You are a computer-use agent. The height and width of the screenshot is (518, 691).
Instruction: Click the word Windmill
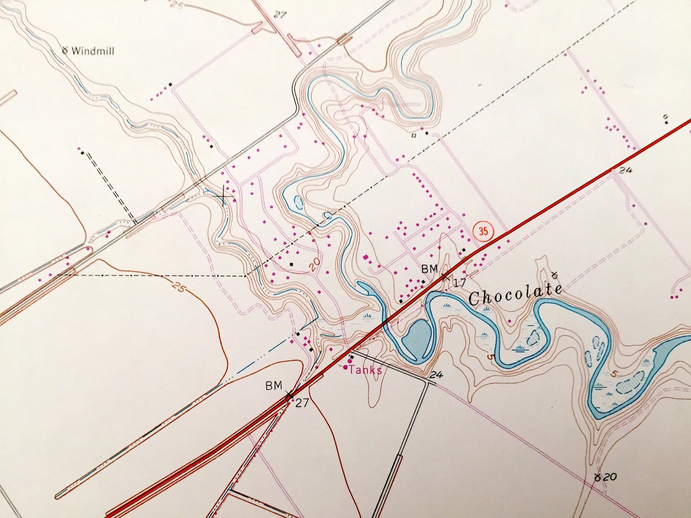click(93, 51)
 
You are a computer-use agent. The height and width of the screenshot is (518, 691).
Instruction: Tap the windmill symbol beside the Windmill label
click(66, 49)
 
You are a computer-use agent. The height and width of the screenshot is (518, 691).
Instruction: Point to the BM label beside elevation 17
click(429, 269)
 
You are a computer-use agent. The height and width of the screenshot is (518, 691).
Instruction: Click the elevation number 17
click(460, 283)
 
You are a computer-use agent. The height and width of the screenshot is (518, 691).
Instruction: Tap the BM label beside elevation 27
click(274, 386)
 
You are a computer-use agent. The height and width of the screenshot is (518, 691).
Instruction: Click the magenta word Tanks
click(365, 370)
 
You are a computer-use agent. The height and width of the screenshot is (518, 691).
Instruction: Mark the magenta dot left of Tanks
click(346, 367)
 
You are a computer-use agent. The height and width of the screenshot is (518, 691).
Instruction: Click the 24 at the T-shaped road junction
click(436, 375)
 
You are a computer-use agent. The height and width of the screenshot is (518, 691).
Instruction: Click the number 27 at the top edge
click(279, 15)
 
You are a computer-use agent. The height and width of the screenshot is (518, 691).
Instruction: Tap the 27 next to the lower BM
click(302, 403)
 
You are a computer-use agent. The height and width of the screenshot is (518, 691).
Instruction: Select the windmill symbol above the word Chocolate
click(555, 275)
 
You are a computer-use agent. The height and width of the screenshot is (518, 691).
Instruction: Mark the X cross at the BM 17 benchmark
click(446, 276)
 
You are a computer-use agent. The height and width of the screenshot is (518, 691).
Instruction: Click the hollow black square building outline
click(414, 135)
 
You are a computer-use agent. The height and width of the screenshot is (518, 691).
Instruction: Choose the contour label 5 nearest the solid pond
click(490, 356)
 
